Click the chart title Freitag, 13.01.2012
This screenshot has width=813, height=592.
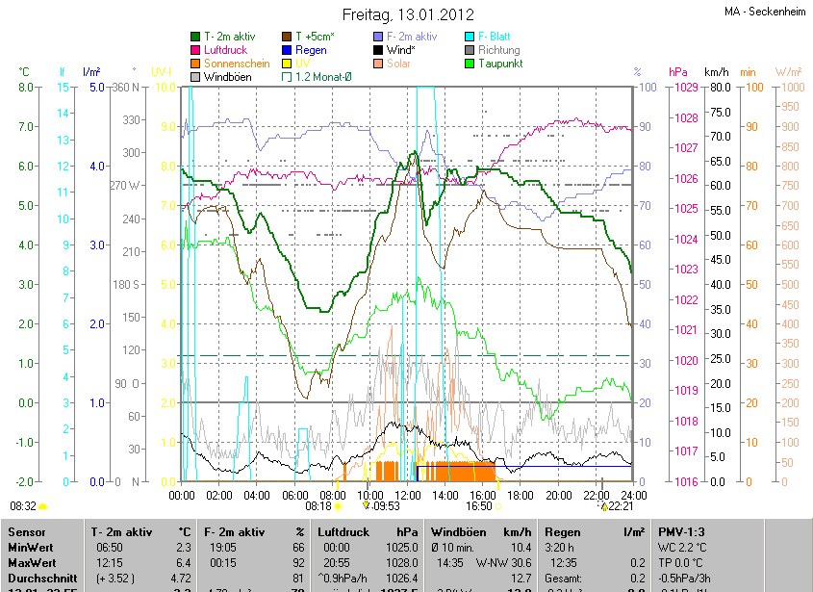tap(409, 14)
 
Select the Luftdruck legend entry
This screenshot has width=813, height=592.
tap(224, 50)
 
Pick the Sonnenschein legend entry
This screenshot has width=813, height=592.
tap(236, 64)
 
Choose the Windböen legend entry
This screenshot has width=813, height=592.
tap(227, 77)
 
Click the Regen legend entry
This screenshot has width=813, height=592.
tap(310, 50)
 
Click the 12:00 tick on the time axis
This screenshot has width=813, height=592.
tap(408, 495)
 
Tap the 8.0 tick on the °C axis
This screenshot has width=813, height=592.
tap(26, 88)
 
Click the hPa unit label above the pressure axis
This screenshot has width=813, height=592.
tap(678, 72)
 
